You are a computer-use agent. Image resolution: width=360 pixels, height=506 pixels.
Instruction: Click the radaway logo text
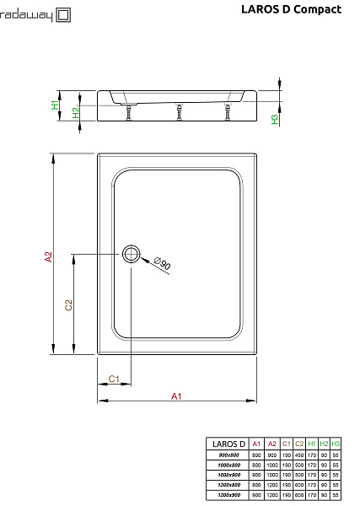coord(26,14)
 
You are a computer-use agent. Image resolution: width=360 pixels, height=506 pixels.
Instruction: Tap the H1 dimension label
coord(55,105)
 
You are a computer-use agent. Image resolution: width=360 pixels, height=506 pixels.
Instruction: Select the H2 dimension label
coord(75,112)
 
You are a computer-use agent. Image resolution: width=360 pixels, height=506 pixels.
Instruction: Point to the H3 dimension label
coord(275,119)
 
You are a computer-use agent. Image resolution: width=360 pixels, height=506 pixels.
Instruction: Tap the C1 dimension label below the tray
coord(114,379)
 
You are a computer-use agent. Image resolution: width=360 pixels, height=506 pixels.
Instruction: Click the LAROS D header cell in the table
coord(228,444)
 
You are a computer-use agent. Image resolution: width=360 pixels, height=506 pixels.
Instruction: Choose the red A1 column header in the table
coord(256,444)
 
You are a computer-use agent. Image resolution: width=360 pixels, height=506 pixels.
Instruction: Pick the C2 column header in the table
coord(299,444)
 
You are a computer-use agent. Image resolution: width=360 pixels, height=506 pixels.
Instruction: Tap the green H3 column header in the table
coord(336,444)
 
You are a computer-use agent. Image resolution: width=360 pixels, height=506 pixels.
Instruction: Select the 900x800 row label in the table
coord(228,455)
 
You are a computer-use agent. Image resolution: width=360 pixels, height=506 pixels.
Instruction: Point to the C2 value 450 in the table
coord(299,455)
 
